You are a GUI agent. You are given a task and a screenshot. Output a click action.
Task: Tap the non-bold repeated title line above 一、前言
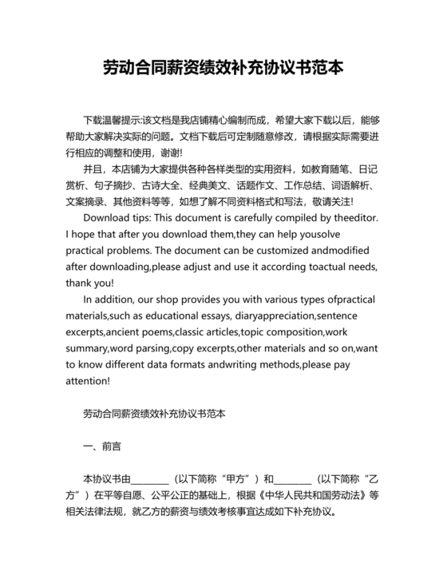[154, 414]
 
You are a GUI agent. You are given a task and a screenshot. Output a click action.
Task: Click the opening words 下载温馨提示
[111, 119]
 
